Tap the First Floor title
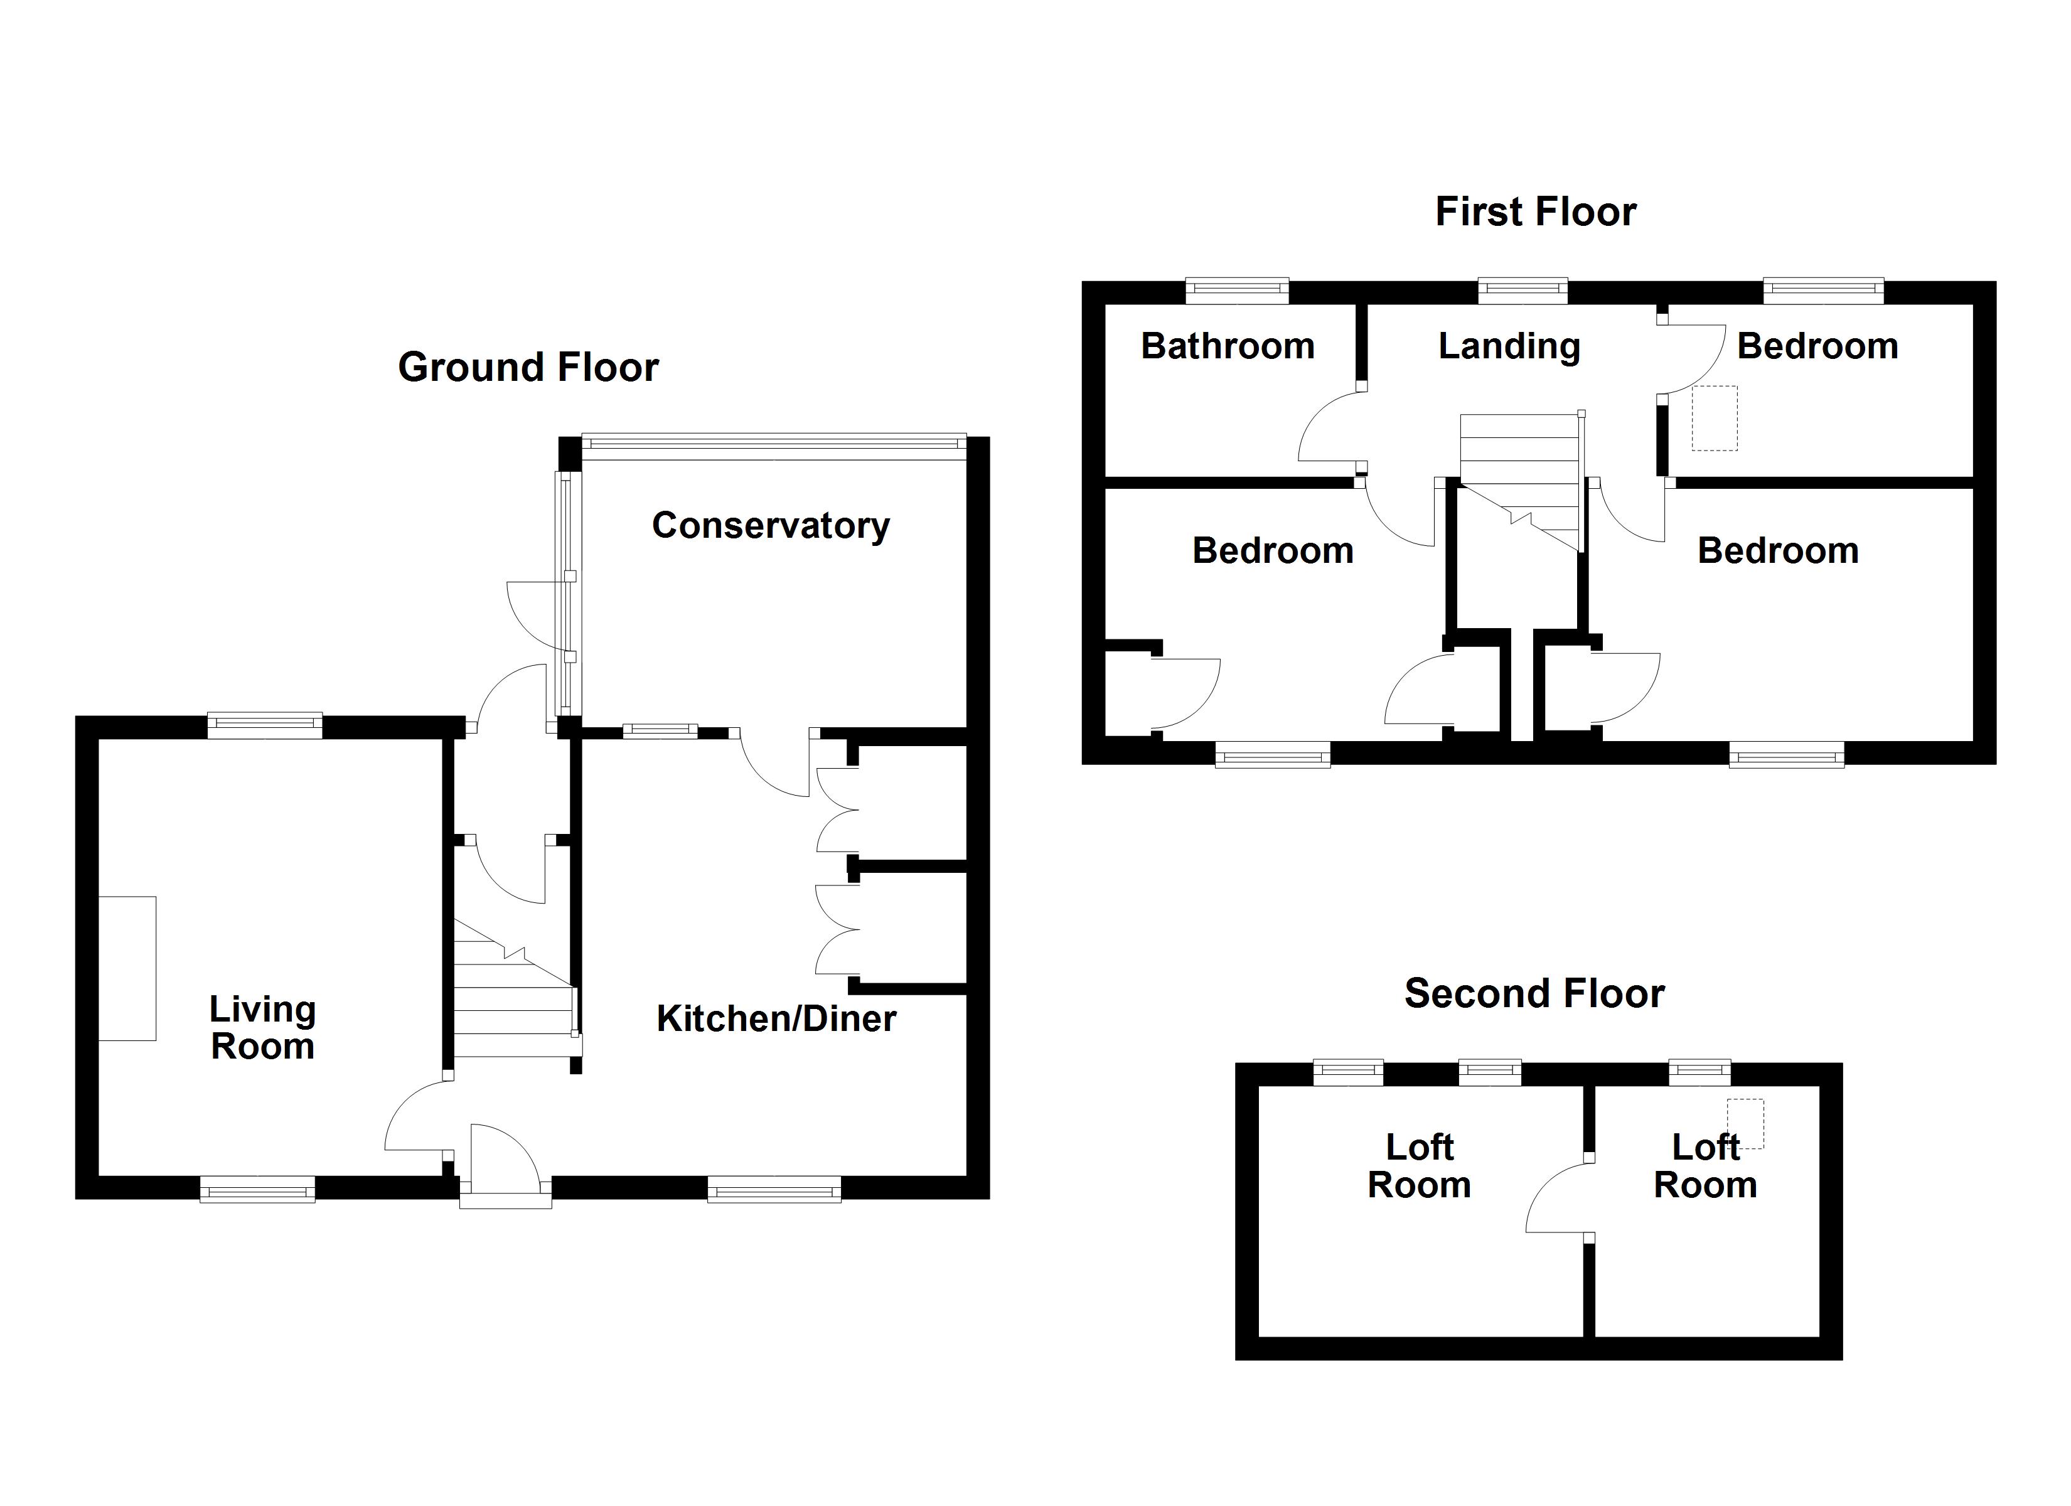1535,213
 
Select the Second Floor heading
1534,994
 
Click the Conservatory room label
771,526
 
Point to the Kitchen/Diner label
776,1019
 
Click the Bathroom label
1228,347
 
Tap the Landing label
1509,347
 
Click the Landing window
1522,291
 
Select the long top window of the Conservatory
773,443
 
